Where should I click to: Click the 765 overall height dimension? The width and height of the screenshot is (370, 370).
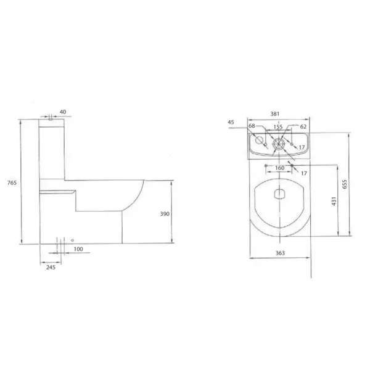(x=12, y=183)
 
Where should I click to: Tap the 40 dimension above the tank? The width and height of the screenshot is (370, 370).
(x=63, y=112)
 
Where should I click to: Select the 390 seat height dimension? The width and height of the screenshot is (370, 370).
(x=165, y=214)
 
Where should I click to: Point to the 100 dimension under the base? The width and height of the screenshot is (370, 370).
(x=78, y=249)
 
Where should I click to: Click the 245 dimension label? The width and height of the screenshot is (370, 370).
(x=51, y=267)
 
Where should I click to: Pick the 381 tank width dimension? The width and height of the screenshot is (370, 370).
(x=274, y=113)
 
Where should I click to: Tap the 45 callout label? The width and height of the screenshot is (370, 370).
(x=231, y=122)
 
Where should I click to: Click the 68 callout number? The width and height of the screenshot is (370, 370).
(x=252, y=126)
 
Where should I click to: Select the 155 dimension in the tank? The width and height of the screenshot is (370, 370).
(x=278, y=127)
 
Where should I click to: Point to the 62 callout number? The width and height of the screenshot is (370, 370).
(x=303, y=126)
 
